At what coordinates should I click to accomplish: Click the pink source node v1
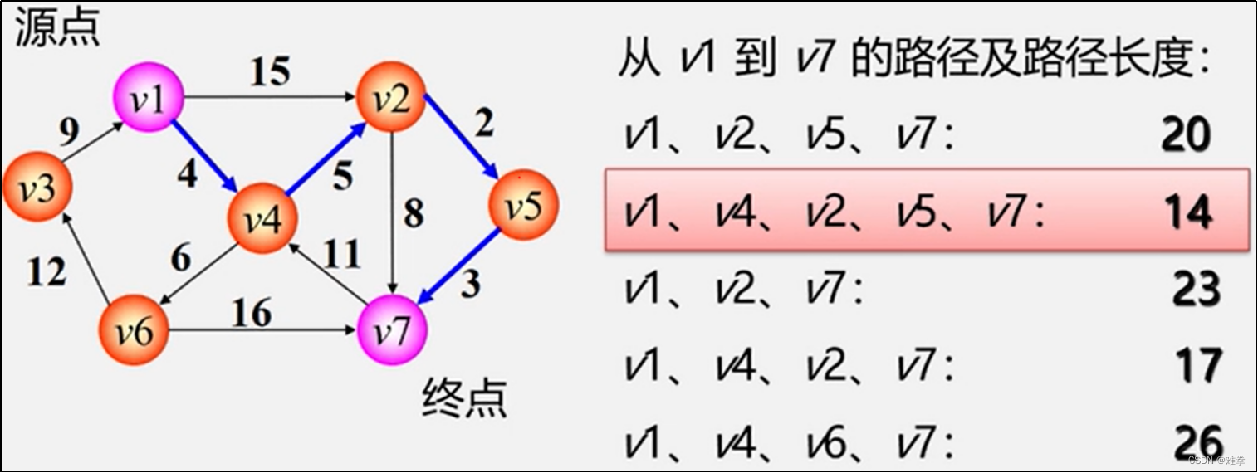(x=149, y=101)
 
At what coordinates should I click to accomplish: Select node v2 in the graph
(x=391, y=98)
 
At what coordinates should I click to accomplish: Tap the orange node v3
(x=37, y=189)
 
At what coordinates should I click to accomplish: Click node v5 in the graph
(x=523, y=206)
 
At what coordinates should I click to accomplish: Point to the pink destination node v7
(x=392, y=331)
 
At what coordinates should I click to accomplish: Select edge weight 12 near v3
(x=46, y=270)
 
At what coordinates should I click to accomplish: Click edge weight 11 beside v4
(x=341, y=254)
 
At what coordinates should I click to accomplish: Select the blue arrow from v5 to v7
(x=461, y=266)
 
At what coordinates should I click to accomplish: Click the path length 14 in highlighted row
(x=1188, y=212)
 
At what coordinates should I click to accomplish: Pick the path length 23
(x=1197, y=290)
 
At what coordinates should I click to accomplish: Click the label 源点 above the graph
(x=57, y=28)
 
